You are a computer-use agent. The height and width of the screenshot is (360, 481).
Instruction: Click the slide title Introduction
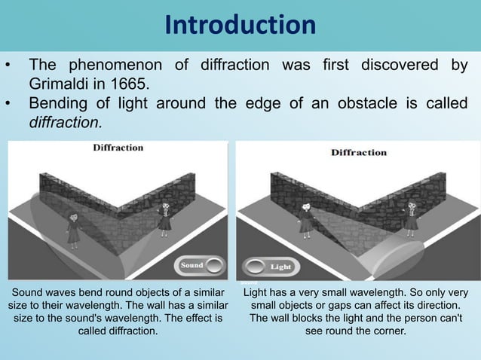(x=240, y=26)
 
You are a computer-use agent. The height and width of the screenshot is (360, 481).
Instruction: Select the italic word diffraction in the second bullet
(x=64, y=121)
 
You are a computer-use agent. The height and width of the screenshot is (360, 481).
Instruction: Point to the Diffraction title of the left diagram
(x=118, y=148)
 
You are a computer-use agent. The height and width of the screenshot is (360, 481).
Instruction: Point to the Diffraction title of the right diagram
(x=359, y=153)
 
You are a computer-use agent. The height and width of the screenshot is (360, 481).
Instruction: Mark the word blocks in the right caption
(x=312, y=319)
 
